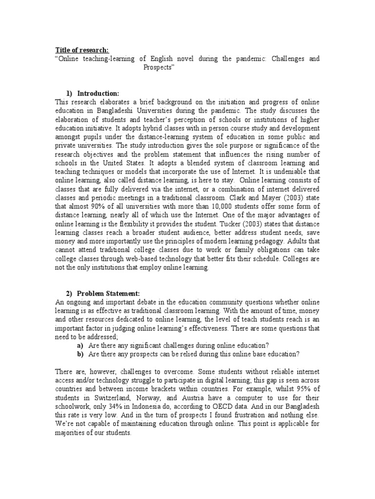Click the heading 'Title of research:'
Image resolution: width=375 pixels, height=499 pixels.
click(82, 50)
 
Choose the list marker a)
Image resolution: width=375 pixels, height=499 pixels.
click(79, 345)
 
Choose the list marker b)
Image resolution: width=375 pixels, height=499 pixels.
click(79, 353)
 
